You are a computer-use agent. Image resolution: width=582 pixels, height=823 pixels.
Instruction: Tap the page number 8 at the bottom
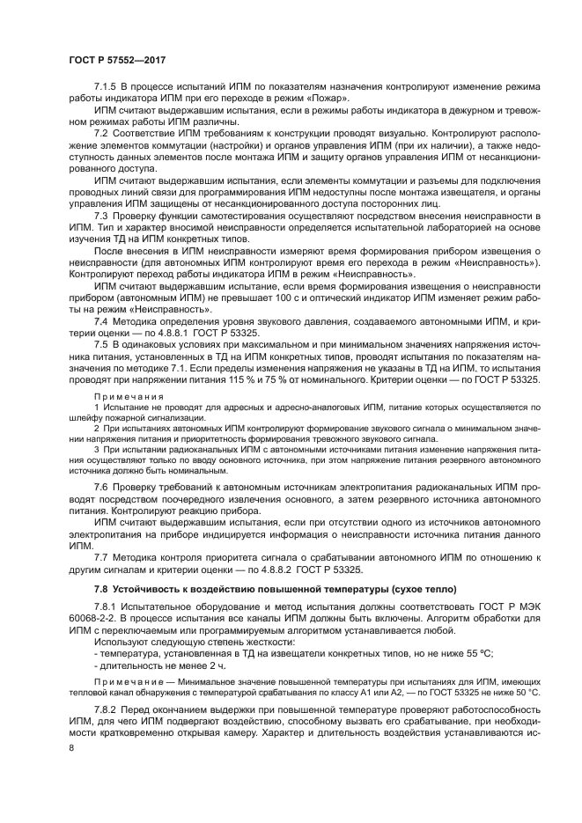pyautogui.click(x=70, y=746)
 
